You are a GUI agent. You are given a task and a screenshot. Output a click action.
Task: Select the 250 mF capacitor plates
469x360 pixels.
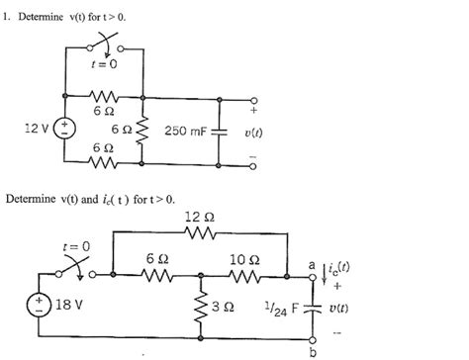point(220,130)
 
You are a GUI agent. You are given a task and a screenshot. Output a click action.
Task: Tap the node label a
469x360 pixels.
point(312,265)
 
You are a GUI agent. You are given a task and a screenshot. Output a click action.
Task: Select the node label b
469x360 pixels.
point(314,350)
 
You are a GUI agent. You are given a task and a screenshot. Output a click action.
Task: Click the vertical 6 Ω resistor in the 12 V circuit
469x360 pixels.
point(144,130)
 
